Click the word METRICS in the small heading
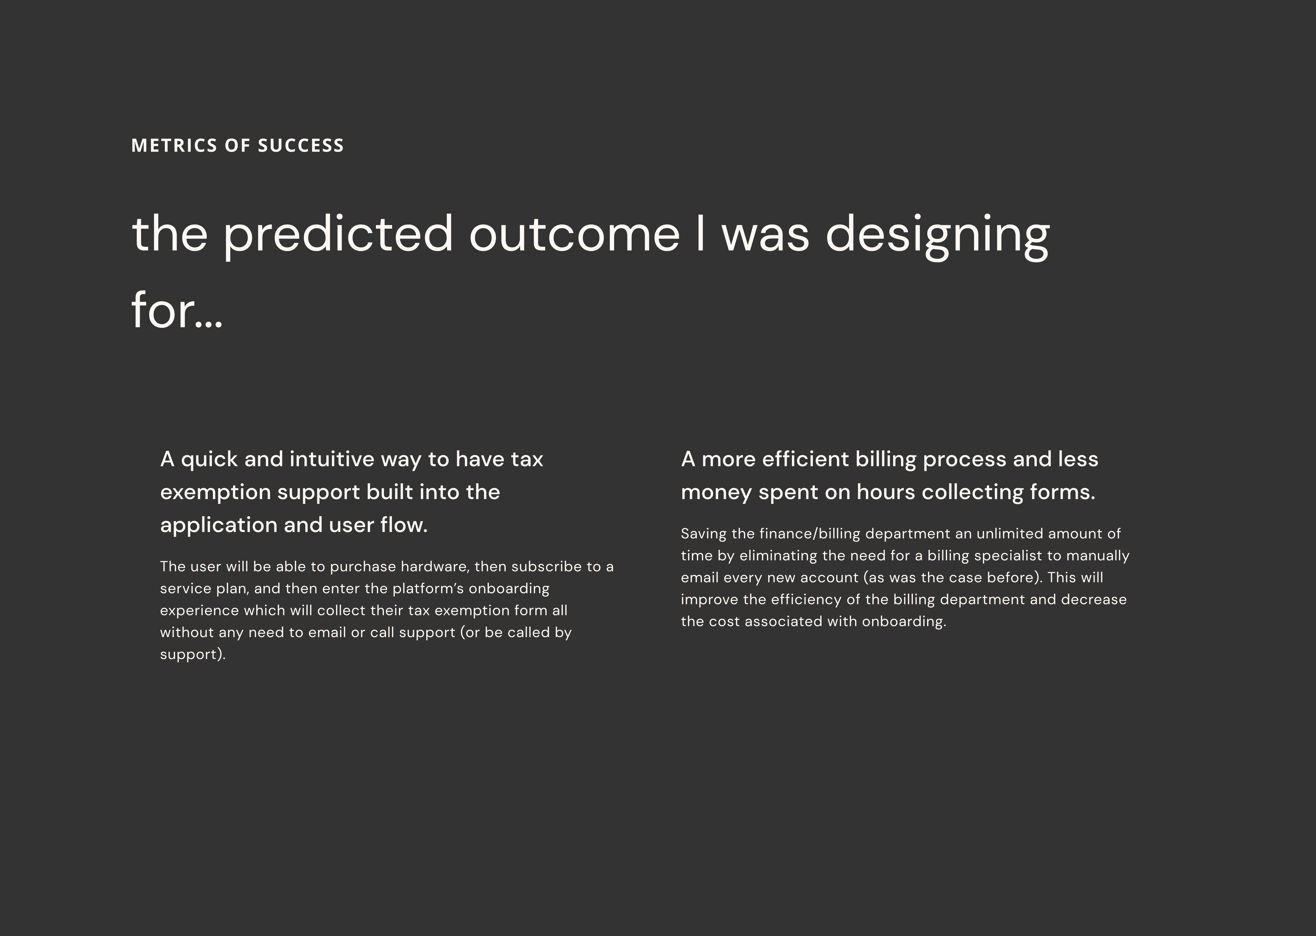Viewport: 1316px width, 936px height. pos(174,145)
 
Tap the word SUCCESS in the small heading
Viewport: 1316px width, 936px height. pos(301,145)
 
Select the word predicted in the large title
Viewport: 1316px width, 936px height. pos(338,235)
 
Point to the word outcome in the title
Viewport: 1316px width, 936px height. pos(574,235)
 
